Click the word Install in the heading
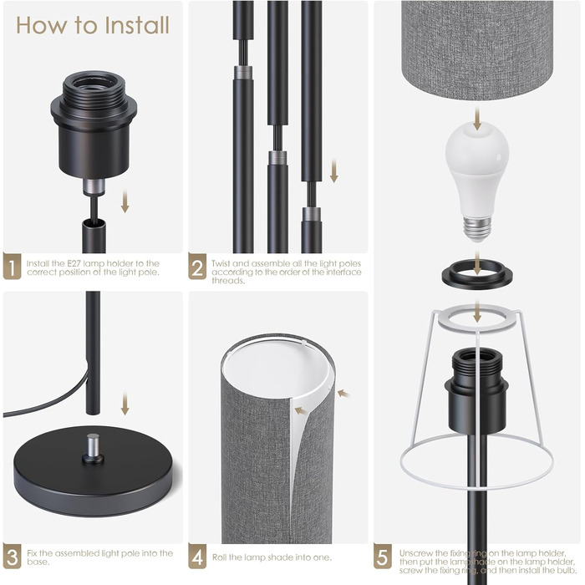click(x=137, y=25)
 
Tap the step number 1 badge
click(x=12, y=267)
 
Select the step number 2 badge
click(x=197, y=267)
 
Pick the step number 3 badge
click(x=12, y=556)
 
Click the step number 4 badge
click(x=197, y=556)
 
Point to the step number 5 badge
click(x=383, y=556)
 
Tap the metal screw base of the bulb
click(x=477, y=228)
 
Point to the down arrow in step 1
click(x=125, y=201)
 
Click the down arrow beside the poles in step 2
click(x=334, y=170)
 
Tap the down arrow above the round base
click(x=125, y=403)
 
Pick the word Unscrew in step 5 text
click(x=415, y=553)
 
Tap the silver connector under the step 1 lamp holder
click(x=94, y=186)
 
